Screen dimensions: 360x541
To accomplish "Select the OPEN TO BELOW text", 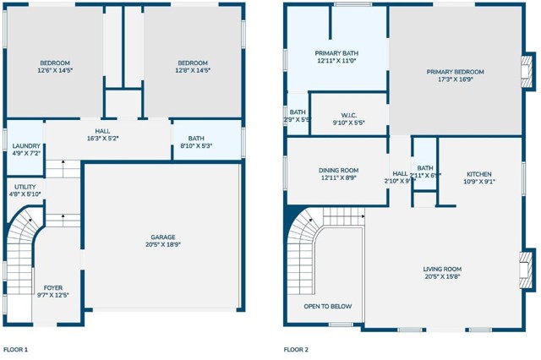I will pos(328,306).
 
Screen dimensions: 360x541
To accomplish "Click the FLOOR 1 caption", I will pos(15,349).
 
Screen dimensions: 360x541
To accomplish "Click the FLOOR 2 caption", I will pos(296,349).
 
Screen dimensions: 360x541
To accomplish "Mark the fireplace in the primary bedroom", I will pos(527,76).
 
